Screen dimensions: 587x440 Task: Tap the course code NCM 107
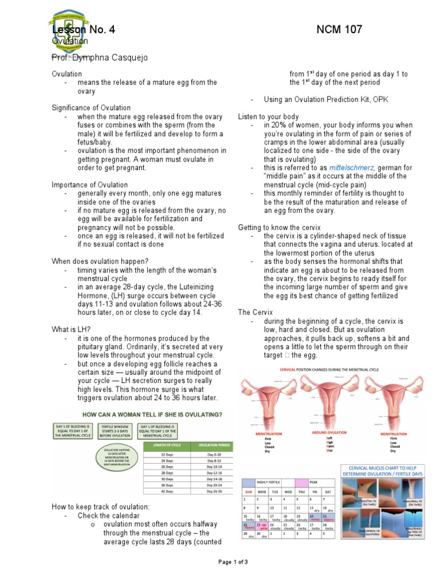[339, 30]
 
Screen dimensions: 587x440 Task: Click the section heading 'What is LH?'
[72, 330]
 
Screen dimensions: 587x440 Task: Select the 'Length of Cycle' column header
[167, 445]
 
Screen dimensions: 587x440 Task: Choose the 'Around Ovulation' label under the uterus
[329, 433]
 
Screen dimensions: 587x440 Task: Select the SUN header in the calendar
[248, 491]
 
